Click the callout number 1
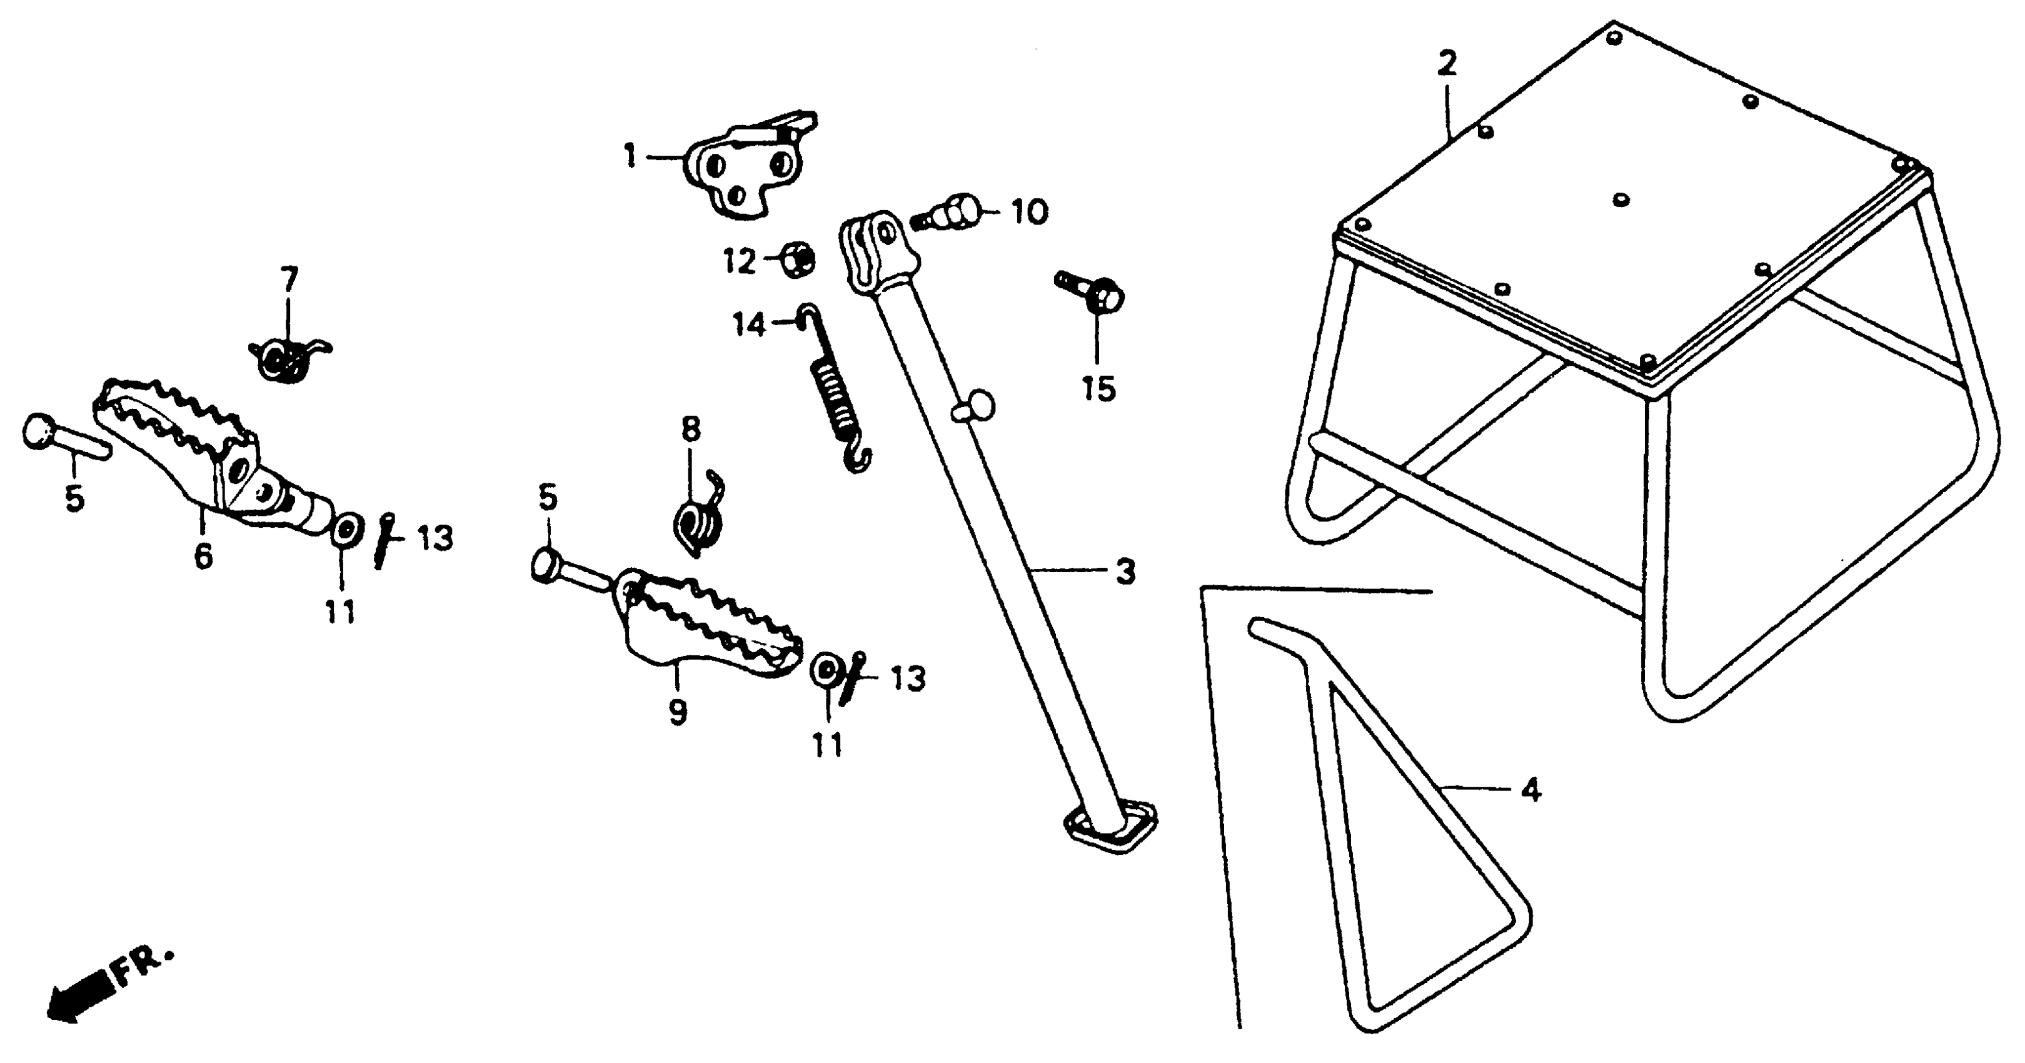(x=630, y=156)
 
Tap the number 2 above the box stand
(x=1447, y=63)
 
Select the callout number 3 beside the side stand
(x=1126, y=572)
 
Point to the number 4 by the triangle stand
(x=1530, y=789)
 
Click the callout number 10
(x=1030, y=211)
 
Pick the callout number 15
(x=1098, y=388)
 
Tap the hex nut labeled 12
(x=797, y=259)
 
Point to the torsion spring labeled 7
(x=288, y=358)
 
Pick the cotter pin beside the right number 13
(x=852, y=678)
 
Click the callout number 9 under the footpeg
(x=677, y=712)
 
